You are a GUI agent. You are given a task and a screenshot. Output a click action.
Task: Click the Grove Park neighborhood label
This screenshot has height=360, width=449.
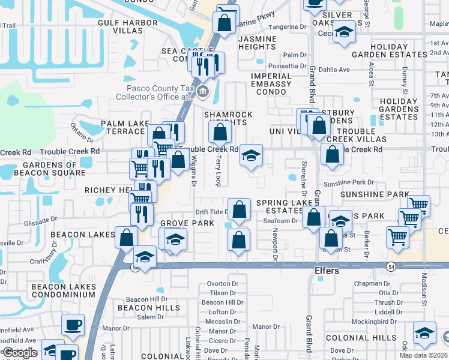point(187,223)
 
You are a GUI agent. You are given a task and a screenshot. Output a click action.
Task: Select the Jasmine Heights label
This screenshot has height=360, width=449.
point(258,43)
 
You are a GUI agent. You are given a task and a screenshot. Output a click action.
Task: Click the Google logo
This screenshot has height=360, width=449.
point(20,353)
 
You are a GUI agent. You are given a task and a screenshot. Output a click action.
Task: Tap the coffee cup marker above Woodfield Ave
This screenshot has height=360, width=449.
point(73,325)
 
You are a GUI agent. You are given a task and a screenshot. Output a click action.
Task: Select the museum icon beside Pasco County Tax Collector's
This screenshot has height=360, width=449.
point(203,92)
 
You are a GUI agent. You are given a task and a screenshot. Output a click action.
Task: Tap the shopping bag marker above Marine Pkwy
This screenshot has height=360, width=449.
point(224,23)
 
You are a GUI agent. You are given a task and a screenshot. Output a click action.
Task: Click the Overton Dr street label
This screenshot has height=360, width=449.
point(222,284)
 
